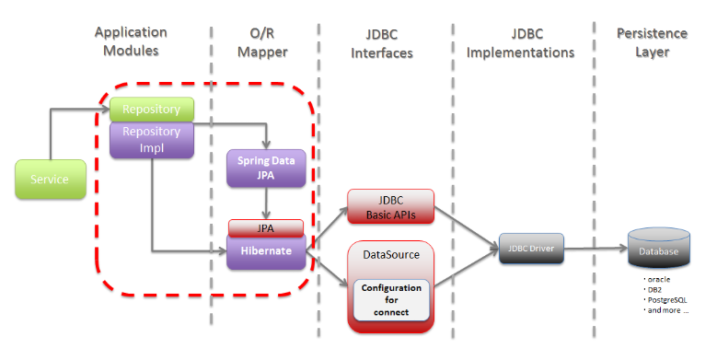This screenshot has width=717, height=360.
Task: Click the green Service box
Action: point(51,179)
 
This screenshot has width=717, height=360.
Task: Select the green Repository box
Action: point(151,110)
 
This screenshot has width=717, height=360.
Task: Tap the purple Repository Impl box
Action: point(151,140)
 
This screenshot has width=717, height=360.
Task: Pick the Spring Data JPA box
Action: point(266,168)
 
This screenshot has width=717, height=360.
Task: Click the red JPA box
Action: point(266,227)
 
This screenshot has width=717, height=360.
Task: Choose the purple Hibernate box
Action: point(266,251)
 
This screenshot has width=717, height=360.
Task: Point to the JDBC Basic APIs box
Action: point(390,207)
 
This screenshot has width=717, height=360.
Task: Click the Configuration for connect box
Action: point(391,300)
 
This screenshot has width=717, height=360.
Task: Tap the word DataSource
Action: point(391,255)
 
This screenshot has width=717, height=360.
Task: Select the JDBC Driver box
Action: point(531,249)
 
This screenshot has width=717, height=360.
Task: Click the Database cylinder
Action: point(658,248)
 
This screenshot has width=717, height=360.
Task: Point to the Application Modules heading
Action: point(131,41)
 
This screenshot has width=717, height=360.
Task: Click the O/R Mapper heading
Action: point(262,42)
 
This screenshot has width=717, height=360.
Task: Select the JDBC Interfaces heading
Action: point(382,44)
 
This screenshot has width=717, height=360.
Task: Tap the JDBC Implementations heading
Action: point(520,43)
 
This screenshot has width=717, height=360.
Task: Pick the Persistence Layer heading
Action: point(652,42)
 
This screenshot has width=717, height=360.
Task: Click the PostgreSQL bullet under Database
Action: point(665,300)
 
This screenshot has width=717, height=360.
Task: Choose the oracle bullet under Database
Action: point(657,279)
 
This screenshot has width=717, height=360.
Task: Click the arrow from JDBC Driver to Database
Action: point(596,249)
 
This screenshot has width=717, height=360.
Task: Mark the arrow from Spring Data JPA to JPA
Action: point(266,203)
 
